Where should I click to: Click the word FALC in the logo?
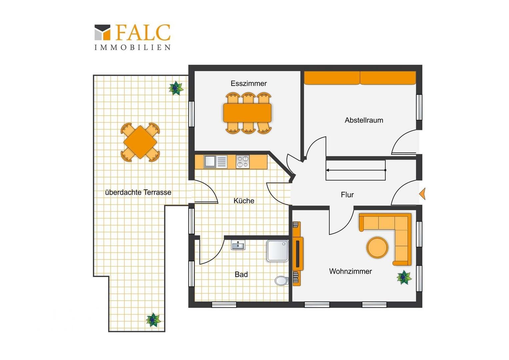[143, 33]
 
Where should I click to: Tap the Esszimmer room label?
[249, 83]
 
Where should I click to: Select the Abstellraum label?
[364, 120]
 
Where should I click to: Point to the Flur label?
[347, 195]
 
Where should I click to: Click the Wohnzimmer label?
[350, 271]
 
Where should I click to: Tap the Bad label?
[241, 274]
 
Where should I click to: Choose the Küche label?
[244, 201]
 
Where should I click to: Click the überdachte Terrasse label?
[138, 192]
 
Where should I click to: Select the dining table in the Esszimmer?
[247, 113]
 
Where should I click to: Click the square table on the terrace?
[140, 142]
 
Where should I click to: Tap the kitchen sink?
[216, 162]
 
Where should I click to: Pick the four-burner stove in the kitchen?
[243, 162]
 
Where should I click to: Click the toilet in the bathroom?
[281, 281]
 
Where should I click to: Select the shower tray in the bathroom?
[277, 251]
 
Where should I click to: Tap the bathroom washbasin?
[238, 245]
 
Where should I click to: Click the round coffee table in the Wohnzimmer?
[377, 248]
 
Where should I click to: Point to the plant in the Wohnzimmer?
[404, 277]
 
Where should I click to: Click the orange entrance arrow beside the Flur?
[422, 194]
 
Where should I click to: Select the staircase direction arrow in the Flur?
[356, 170]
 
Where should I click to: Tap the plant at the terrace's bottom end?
[153, 320]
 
